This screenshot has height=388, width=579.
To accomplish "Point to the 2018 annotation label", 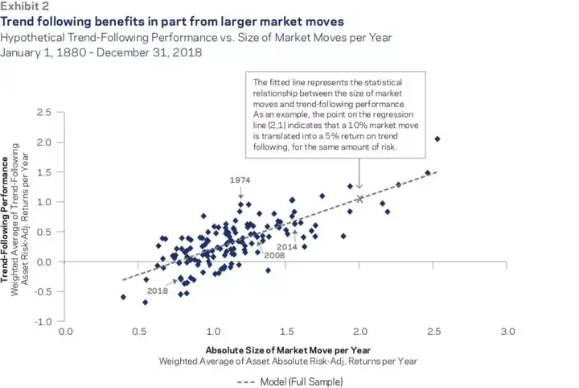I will click(x=158, y=291).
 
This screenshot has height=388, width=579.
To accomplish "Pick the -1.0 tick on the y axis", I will click(x=45, y=321).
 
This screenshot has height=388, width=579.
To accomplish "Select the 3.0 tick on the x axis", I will click(x=507, y=331).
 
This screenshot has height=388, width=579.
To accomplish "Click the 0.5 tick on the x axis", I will click(x=139, y=331).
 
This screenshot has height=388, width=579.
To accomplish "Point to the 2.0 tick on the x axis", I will click(x=360, y=331).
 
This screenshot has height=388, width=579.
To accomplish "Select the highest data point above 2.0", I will click(x=437, y=139).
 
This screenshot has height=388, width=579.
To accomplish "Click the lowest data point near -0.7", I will click(x=145, y=303).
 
